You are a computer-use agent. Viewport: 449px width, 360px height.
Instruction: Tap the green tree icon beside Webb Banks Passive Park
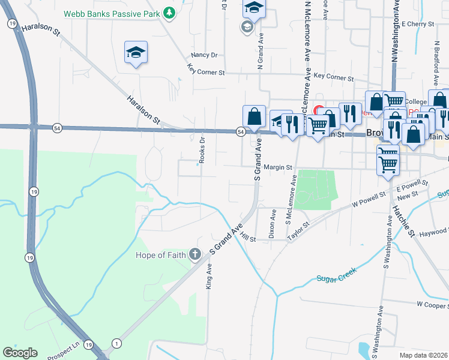click(x=170, y=11)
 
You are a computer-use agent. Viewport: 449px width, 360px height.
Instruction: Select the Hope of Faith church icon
click(x=194, y=255)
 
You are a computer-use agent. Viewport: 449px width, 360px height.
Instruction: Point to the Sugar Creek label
click(x=337, y=275)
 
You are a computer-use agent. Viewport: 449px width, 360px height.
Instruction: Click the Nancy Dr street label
click(x=205, y=55)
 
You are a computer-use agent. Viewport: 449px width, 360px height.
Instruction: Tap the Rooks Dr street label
click(x=202, y=150)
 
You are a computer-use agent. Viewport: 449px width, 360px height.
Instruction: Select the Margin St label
click(x=277, y=167)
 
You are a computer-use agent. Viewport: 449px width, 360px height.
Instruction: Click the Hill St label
click(x=248, y=238)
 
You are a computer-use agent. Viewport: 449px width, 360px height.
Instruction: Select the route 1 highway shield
click(x=116, y=343)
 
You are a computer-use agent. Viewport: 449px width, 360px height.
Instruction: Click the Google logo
click(x=20, y=353)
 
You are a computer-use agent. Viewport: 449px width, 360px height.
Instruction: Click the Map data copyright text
click(x=422, y=355)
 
